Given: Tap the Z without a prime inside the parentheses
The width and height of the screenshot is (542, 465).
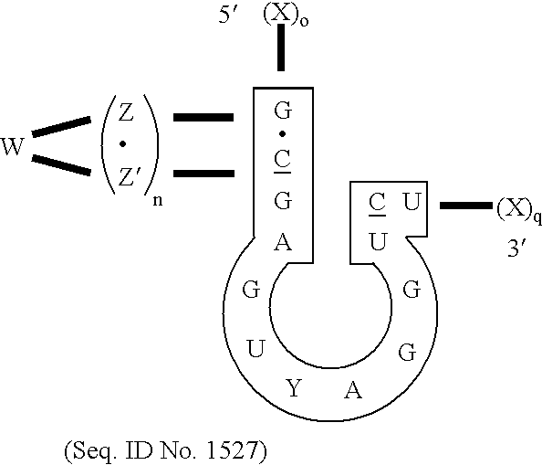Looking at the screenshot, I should [x=127, y=114].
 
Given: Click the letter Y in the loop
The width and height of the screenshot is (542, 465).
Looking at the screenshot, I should [x=293, y=389].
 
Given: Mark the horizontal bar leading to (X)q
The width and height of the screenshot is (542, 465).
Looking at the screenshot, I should [x=464, y=206].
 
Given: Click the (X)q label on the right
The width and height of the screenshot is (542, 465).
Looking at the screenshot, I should [x=517, y=213].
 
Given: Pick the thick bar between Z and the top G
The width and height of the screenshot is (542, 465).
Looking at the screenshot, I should [x=201, y=118].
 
